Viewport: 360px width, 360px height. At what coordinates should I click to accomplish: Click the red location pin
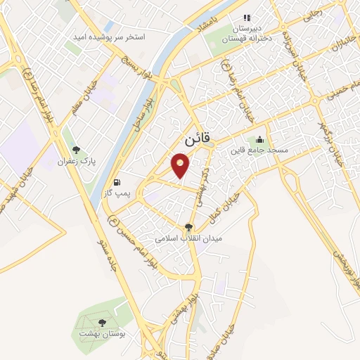[182, 166]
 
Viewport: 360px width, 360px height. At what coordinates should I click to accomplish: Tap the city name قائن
[196, 139]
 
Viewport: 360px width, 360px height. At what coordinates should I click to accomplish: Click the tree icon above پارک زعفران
[76, 150]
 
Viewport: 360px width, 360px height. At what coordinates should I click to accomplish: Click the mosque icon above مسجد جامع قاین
[260, 139]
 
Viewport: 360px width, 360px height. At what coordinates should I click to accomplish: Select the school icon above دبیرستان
[246, 18]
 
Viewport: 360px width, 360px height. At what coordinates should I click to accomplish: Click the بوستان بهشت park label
[103, 333]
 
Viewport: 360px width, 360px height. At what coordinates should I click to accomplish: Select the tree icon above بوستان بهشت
[103, 323]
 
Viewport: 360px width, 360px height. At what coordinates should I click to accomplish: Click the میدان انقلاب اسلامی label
[187, 239]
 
